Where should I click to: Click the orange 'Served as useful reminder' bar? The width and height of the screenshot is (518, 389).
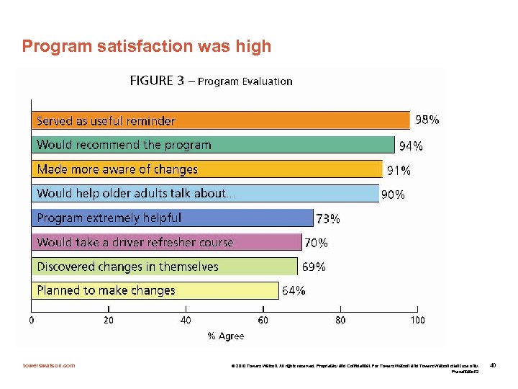pos(220,120)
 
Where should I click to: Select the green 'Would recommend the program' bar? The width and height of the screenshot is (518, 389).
pos(213,145)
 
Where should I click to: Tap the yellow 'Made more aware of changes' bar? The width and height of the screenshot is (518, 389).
pos(206,169)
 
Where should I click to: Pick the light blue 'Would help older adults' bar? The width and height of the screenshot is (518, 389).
pos(205,193)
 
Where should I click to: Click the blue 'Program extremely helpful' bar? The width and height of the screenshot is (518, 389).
pos(173,218)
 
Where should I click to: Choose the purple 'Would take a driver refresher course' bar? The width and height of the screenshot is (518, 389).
pos(166,242)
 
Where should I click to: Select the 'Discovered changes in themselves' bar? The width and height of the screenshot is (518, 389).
pos(164,267)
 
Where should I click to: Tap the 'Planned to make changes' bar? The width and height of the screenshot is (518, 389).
pos(155,290)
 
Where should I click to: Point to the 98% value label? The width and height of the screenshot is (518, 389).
pos(425,120)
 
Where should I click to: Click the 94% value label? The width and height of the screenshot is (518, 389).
pos(411,146)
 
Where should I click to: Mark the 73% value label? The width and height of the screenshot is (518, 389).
pos(329,218)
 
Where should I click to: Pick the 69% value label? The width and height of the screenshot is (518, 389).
pos(313,267)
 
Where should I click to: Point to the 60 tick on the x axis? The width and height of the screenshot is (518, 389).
pos(263,320)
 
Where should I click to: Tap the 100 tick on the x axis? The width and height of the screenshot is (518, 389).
pos(417,320)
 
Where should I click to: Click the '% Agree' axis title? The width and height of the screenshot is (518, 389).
pos(225,336)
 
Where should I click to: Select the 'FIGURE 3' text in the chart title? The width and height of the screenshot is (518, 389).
pos(152,81)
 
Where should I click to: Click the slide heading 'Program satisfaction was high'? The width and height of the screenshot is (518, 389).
pos(147,47)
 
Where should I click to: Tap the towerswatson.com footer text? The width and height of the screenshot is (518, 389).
pos(48,366)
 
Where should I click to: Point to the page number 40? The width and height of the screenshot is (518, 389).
pos(493,366)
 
